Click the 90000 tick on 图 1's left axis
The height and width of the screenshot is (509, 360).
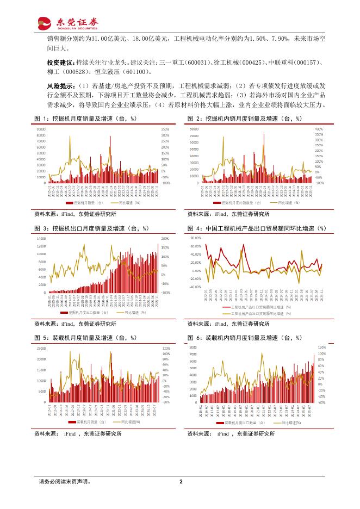tap(41, 129)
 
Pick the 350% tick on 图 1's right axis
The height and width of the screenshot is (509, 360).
tap(165, 129)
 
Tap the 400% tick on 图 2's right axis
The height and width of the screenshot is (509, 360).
tap(319, 129)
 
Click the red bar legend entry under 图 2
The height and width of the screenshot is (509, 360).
tap(233, 202)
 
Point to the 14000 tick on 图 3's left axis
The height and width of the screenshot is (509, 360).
tap(41, 239)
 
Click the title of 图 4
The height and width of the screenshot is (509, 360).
tap(256, 228)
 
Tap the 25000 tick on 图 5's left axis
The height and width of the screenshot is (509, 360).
tap(41, 347)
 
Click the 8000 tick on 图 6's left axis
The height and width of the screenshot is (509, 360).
tap(193, 346)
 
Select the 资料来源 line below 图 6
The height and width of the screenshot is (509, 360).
tap(231, 434)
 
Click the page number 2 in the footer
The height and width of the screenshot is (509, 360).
tap(180, 481)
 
